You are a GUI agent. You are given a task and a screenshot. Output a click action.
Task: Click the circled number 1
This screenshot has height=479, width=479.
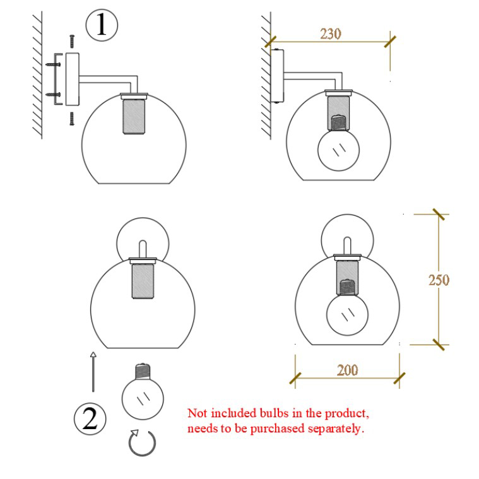(102, 25)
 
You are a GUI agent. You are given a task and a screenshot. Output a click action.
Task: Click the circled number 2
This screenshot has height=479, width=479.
(90, 418)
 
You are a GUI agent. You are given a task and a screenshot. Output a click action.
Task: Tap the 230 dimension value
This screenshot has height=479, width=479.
(331, 34)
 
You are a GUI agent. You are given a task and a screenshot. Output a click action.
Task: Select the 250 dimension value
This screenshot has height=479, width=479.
(439, 280)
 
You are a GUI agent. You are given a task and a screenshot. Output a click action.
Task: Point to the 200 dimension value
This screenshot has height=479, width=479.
(348, 370)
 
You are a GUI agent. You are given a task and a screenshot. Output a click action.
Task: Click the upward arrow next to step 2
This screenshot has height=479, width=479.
(93, 372)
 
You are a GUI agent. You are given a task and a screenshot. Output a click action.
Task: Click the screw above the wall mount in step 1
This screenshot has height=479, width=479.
(72, 41)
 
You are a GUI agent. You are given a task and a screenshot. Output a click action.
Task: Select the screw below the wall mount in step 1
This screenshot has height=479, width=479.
(72, 119)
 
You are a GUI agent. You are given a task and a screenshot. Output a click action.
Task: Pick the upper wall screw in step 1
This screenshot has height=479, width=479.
(53, 64)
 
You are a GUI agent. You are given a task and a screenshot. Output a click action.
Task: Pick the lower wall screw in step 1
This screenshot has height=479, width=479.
(53, 95)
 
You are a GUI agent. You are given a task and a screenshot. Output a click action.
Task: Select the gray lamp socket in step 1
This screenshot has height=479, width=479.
(134, 116)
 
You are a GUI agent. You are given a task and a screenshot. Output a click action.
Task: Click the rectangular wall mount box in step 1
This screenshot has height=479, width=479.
(73, 79)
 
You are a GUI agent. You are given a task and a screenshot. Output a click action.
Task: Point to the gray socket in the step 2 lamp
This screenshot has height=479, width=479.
(143, 281)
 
